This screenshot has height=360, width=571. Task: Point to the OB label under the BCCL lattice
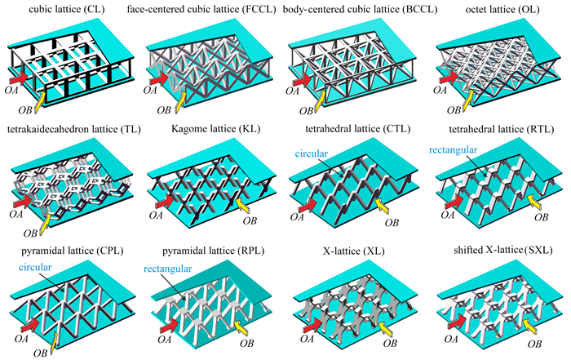[x=307, y=110]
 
